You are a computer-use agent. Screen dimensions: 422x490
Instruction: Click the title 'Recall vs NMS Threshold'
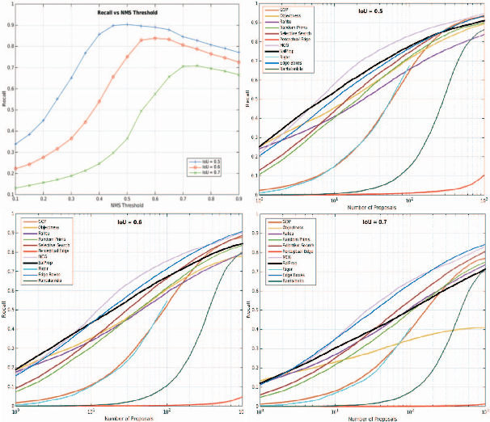pyautogui.click(x=126, y=13)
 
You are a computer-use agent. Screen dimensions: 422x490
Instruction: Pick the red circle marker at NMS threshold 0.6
pyautogui.click(x=155, y=37)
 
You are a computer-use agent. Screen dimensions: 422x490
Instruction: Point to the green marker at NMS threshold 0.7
pyautogui.click(x=184, y=66)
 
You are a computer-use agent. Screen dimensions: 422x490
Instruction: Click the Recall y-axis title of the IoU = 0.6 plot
pyautogui.click(x=6, y=318)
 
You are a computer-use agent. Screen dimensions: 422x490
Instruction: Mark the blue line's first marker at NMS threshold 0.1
pyautogui.click(x=16, y=144)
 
